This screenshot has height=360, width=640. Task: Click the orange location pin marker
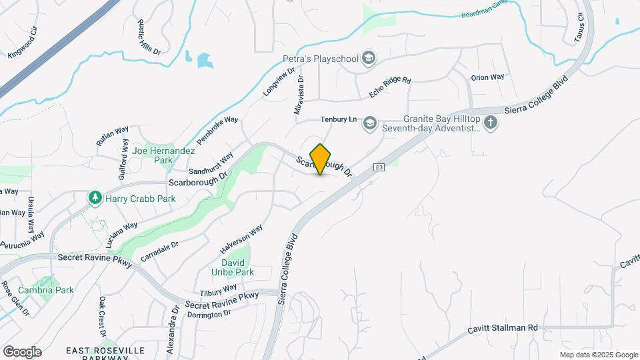(321, 159)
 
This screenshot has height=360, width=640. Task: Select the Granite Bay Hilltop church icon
(491, 123)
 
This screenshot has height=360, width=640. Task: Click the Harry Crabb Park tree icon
(95, 198)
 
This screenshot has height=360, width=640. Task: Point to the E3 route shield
(379, 167)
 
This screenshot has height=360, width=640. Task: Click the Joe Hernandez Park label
(163, 155)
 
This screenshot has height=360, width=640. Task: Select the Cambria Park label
(45, 290)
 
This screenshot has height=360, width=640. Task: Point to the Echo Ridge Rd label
(390, 89)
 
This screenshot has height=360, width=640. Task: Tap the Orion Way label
(487, 77)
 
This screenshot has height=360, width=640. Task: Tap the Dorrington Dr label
(208, 313)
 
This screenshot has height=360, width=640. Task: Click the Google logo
(22, 351)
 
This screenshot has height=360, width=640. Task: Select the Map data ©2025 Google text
(598, 355)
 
